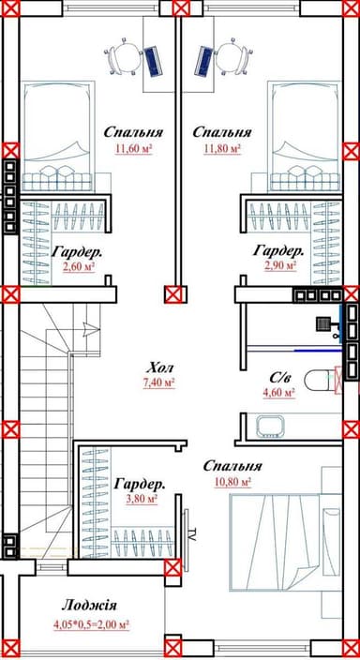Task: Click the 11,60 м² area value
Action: point(133,148)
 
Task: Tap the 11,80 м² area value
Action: point(222,148)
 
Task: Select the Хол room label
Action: point(160,368)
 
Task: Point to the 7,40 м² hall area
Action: point(159,382)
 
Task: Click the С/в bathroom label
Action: point(279,379)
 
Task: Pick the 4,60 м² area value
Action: point(278,392)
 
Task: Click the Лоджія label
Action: point(89,606)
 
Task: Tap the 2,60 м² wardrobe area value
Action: point(79,266)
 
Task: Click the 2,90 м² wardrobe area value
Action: point(280,265)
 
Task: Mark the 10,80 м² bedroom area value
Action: point(232,481)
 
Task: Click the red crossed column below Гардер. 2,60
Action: point(10,294)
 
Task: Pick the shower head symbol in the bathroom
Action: point(324,323)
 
